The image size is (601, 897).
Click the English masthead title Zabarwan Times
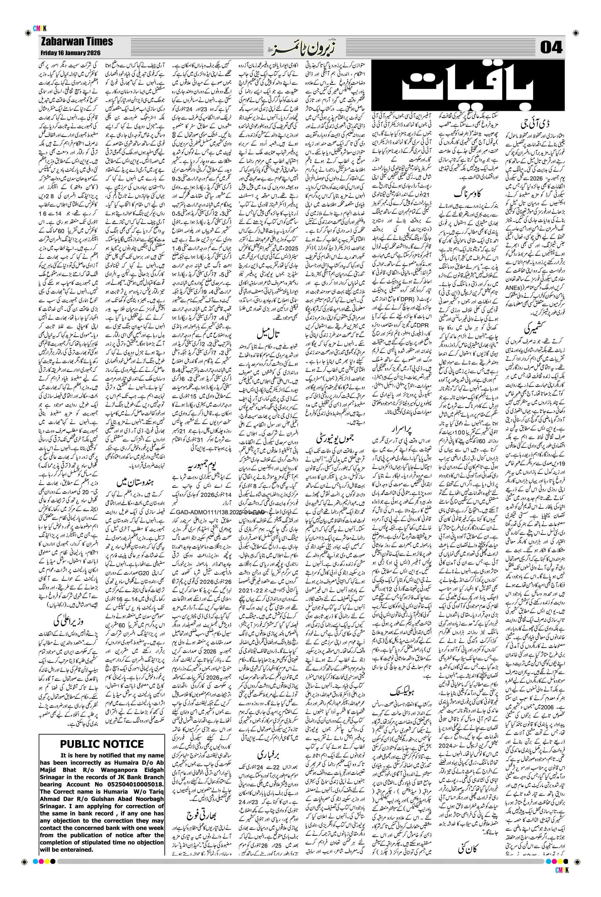click(x=76, y=41)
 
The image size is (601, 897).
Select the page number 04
click(x=552, y=48)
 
